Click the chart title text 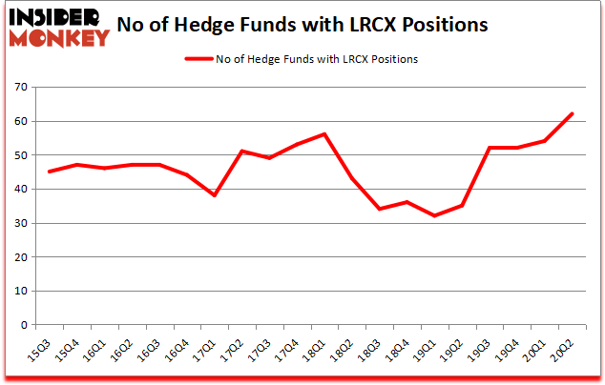(325, 25)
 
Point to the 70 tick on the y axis (21, 88)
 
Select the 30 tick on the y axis (21, 223)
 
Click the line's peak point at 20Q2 (572, 114)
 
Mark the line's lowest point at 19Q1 (434, 216)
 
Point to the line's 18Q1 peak (324, 134)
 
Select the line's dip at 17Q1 (215, 195)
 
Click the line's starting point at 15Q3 (49, 172)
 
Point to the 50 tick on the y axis (21, 155)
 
